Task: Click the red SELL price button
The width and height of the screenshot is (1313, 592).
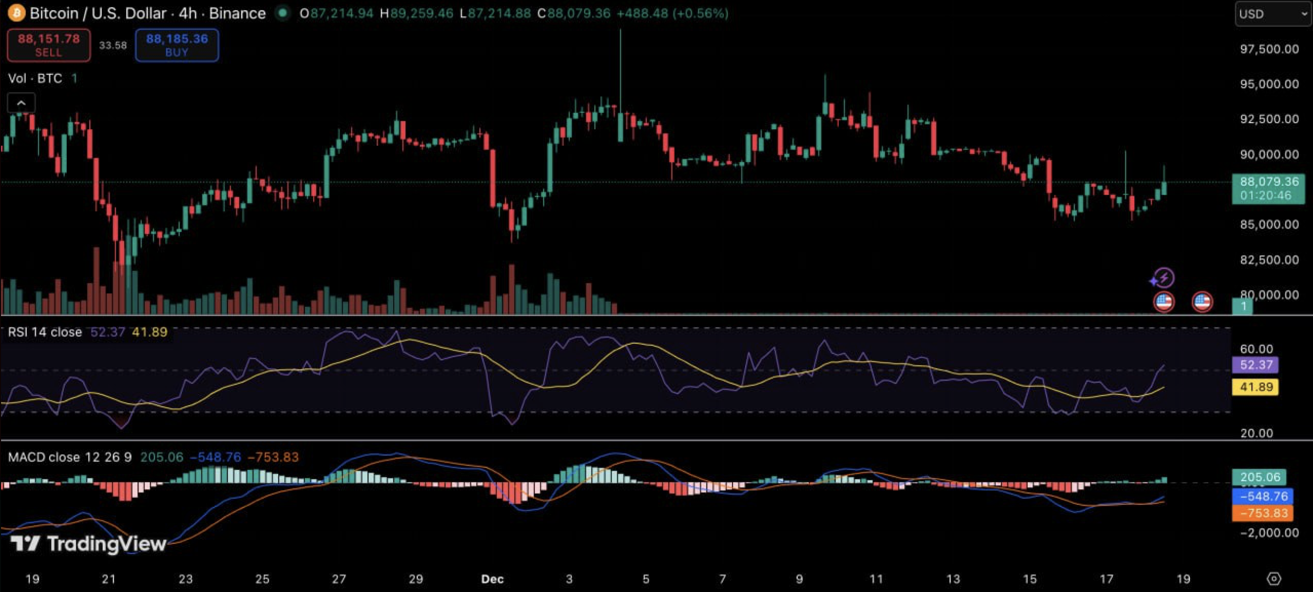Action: (x=49, y=45)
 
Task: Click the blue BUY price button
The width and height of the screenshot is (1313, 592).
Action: (x=177, y=45)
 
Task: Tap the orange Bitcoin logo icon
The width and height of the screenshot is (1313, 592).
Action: (x=16, y=13)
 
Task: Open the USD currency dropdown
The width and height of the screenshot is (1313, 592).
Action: (x=1272, y=14)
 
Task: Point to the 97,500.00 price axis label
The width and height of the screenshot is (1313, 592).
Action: (x=1269, y=49)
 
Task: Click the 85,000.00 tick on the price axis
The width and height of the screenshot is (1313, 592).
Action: (x=1269, y=225)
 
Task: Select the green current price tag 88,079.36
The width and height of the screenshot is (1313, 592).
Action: (x=1268, y=188)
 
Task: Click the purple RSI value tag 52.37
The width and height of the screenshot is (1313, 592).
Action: (x=1256, y=365)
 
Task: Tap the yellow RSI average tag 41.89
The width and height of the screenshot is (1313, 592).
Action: (x=1256, y=387)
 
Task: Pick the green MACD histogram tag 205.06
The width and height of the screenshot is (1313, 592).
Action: (x=1259, y=477)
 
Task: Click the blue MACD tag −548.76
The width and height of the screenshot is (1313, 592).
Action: (x=1263, y=496)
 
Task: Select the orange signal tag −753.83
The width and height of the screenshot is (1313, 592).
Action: (x=1263, y=513)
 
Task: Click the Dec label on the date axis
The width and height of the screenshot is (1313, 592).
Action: (x=492, y=579)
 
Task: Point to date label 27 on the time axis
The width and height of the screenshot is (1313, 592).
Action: (x=339, y=579)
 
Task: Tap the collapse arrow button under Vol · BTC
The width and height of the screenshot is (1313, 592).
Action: (x=21, y=103)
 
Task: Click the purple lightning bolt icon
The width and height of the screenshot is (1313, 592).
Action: (x=1164, y=278)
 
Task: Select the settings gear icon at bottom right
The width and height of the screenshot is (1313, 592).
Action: (x=1273, y=579)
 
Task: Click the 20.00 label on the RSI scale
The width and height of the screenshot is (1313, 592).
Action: (x=1256, y=433)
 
